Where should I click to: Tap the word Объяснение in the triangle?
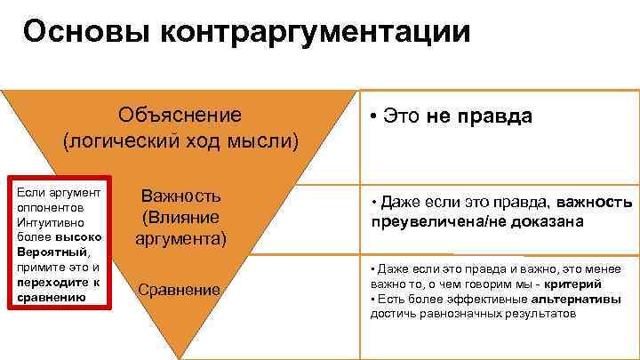[x=180, y=116]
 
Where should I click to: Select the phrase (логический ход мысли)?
[x=180, y=140]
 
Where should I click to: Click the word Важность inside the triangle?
[x=181, y=196]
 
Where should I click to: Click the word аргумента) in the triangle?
[x=181, y=238]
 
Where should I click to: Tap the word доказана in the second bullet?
[x=552, y=221]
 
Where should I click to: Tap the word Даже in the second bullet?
[x=403, y=203]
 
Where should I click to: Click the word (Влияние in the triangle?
[x=181, y=217]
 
